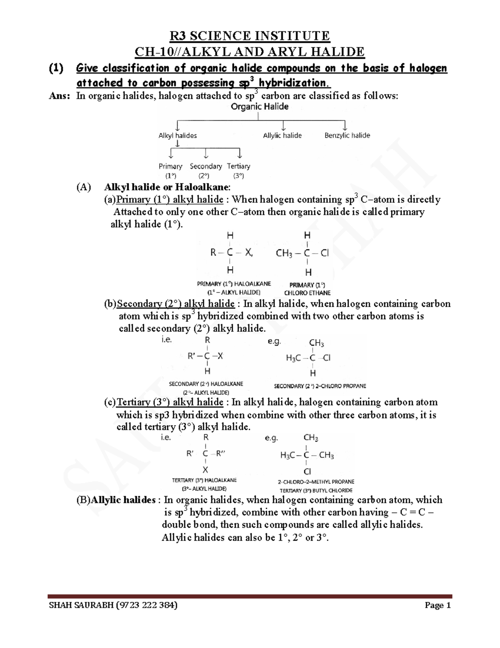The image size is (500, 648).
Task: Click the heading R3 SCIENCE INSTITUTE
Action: click(x=250, y=36)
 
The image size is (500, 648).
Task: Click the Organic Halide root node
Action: click(x=260, y=107)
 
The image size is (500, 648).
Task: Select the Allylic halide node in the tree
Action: click(x=282, y=136)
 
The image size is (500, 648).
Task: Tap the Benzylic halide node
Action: click(x=347, y=136)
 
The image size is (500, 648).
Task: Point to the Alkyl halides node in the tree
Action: click(x=177, y=136)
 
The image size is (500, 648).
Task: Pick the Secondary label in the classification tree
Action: click(x=206, y=166)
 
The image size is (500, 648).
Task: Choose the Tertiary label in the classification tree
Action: click(x=238, y=166)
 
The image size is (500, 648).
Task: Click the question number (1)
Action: click(x=56, y=68)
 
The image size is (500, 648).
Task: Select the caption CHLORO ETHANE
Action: click(x=307, y=293)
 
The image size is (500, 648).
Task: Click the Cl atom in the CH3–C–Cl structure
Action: click(x=325, y=253)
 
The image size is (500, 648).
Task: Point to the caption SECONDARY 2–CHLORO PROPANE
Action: click(x=320, y=386)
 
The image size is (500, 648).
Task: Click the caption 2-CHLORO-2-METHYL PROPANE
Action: click(x=316, y=482)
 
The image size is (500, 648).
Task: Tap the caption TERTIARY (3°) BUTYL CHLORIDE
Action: click(x=316, y=491)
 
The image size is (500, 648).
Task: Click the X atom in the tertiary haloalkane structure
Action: click(x=205, y=470)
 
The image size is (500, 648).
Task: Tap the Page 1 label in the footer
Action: click(x=437, y=605)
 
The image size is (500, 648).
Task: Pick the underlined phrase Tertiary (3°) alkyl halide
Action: click(x=170, y=402)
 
